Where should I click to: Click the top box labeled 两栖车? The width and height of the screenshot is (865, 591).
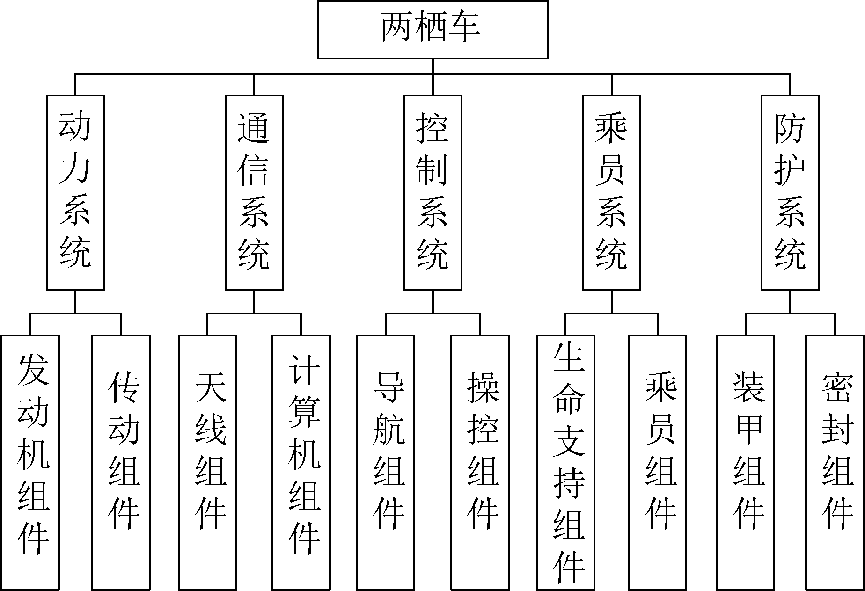432,29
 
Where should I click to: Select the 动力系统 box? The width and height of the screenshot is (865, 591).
75,192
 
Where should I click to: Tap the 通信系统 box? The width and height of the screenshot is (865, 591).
254,192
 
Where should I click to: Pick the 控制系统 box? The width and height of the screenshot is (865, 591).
433,192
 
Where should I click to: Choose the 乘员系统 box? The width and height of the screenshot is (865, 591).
611,192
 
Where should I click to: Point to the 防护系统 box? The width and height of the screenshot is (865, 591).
790,192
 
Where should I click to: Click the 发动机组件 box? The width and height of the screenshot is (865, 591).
30,462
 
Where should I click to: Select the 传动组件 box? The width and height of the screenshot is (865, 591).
121,462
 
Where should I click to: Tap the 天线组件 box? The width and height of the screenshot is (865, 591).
208,462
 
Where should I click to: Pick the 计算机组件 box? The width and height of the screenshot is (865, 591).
301,462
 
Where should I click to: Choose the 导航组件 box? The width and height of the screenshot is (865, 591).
386,462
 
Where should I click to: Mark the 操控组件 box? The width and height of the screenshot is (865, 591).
480,462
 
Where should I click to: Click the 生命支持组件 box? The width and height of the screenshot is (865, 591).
566,462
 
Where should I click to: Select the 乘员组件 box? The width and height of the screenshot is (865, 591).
658,462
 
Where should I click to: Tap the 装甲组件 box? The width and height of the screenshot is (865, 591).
746,462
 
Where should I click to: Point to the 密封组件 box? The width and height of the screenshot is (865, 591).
835,462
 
